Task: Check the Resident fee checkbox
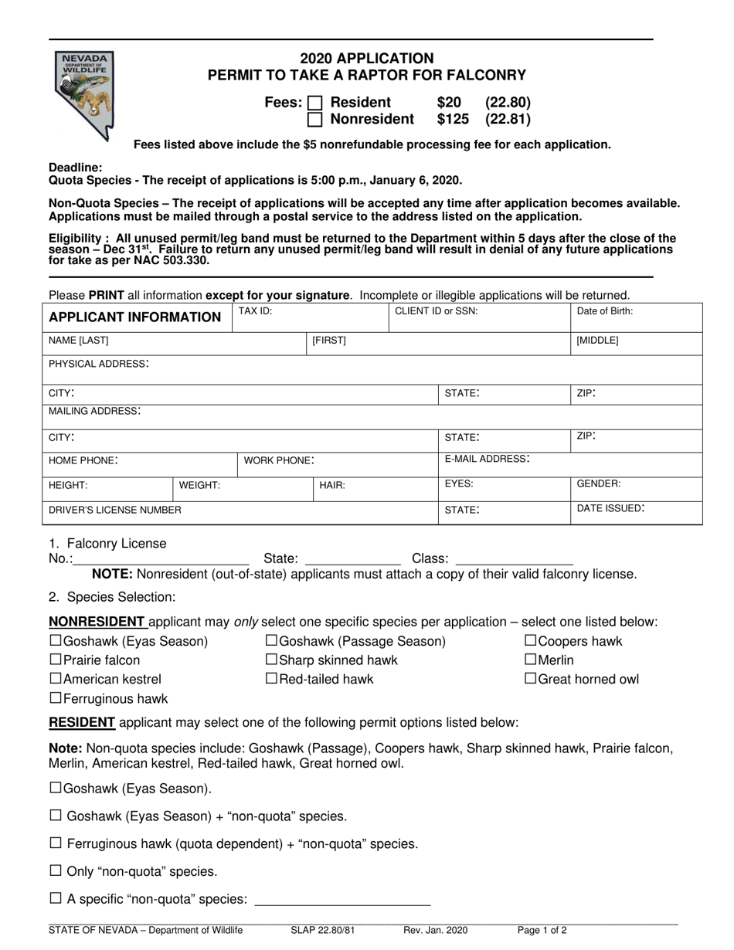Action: tap(315, 103)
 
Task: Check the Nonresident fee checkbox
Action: tap(315, 120)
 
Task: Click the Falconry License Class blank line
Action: tap(515, 559)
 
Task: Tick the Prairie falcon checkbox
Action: tap(56, 660)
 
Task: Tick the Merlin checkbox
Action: tap(531, 660)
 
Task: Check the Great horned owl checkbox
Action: tap(531, 679)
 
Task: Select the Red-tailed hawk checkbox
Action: tap(271, 679)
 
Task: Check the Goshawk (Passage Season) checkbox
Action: tap(271, 641)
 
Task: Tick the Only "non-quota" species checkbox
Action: tap(56, 871)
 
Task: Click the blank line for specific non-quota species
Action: tap(342, 900)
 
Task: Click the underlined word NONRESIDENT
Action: tap(97, 622)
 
